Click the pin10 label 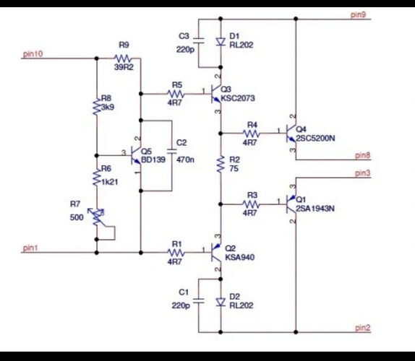point(33,54)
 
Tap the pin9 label point(358,14)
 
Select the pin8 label point(362,155)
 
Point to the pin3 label point(362,173)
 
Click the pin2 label point(362,328)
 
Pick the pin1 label point(30,248)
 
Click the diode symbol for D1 point(221,42)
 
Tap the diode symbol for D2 point(221,302)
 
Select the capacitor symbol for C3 point(199,40)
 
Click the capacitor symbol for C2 point(172,151)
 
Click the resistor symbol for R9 point(122,58)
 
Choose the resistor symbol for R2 point(221,164)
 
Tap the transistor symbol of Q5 point(136,155)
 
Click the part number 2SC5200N point(315,138)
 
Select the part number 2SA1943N point(315,209)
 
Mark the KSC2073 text point(238,98)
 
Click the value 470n point(185,160)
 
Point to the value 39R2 point(124,67)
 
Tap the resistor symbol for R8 point(97,106)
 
